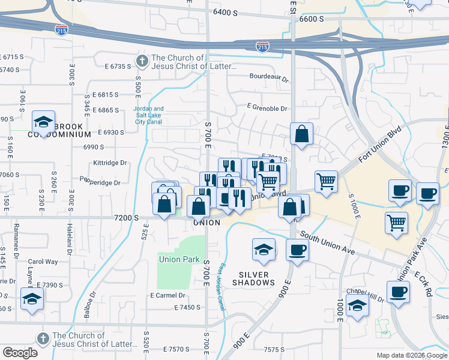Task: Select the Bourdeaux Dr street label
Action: coord(270,77)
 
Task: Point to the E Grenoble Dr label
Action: coord(267,109)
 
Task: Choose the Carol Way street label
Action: coord(43,262)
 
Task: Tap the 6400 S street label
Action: coord(225,12)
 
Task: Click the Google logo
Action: coord(20,353)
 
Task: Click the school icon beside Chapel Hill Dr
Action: coord(357,305)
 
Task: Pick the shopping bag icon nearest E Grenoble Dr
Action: coord(301,134)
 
